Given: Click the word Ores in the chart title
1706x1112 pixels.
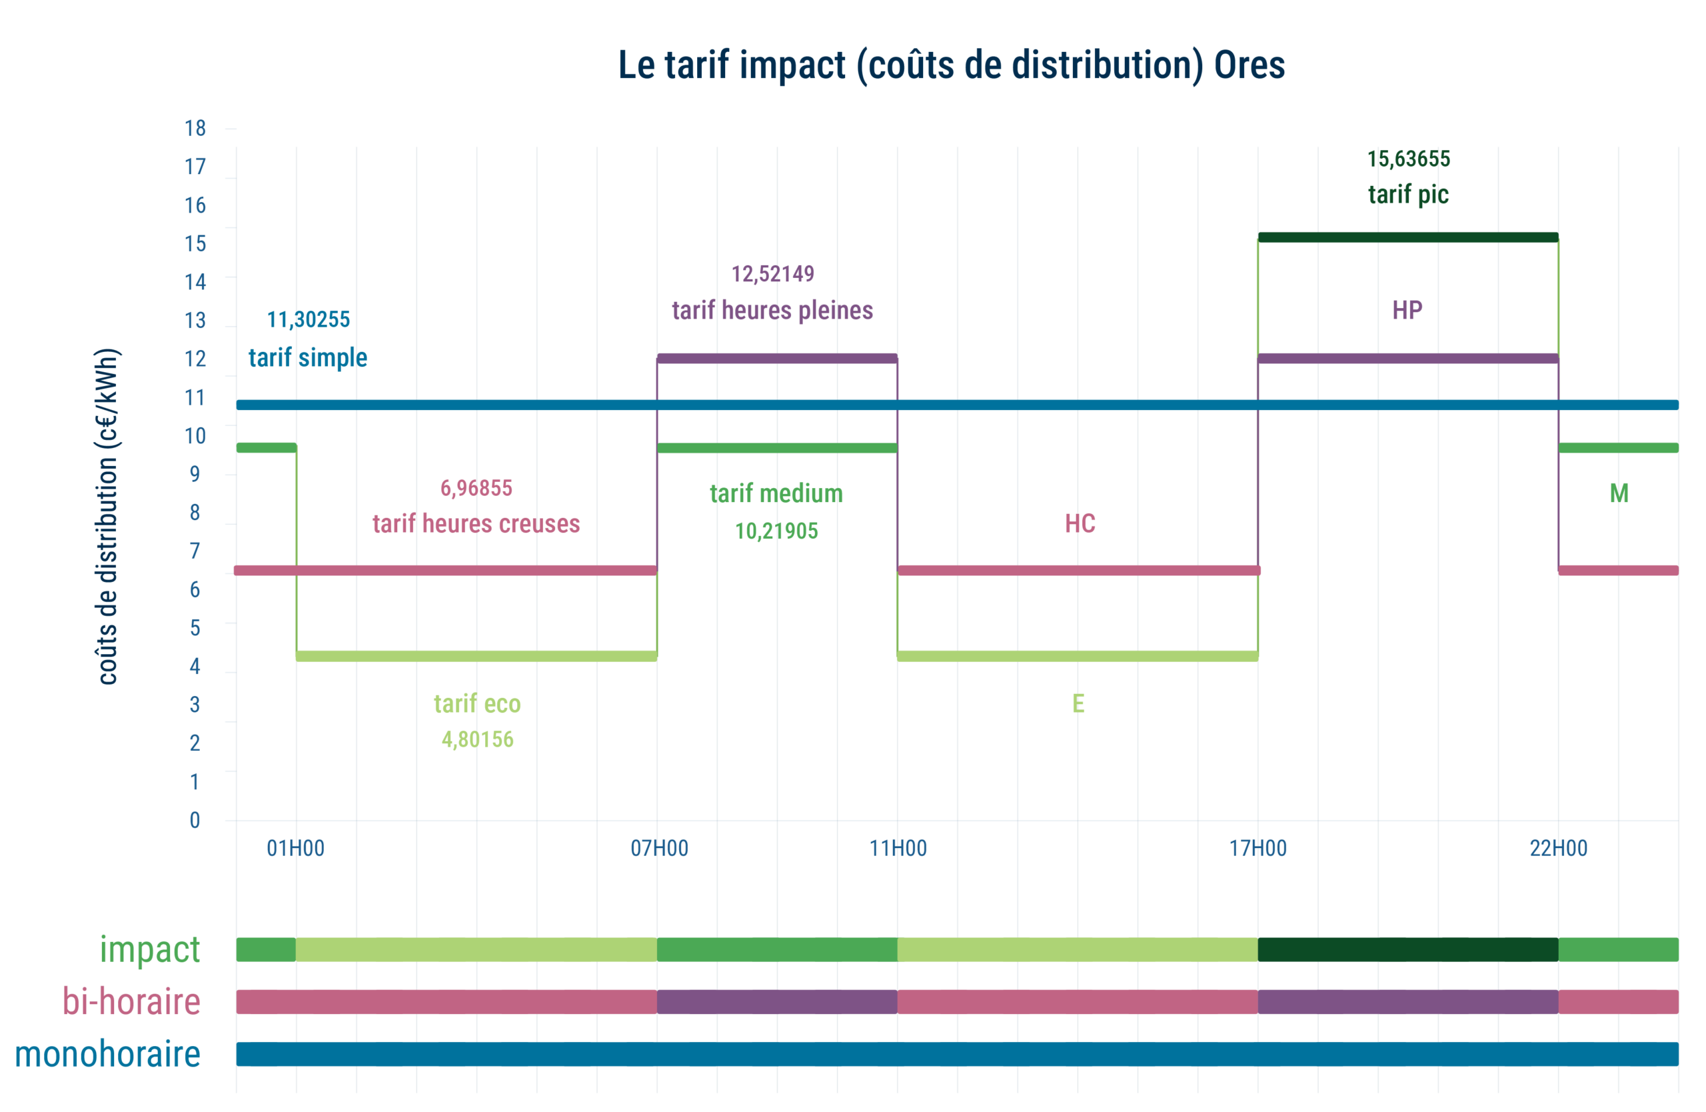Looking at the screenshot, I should point(1249,65).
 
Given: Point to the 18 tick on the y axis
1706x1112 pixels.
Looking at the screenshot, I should point(195,129).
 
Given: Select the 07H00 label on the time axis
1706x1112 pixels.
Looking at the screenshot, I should point(659,848).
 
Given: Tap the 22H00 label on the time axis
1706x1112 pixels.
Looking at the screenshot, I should point(1558,848).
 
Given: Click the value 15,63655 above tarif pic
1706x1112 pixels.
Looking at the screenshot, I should point(1408,159).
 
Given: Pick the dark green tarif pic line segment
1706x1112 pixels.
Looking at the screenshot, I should point(1408,237).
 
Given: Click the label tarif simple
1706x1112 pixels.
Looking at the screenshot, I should point(307,357).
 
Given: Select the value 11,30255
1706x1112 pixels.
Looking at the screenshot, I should point(309,320).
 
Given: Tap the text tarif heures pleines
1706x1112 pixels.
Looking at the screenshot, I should point(772,311).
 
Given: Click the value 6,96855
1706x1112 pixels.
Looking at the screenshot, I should point(476,488).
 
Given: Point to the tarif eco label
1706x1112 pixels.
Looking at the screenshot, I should point(476,703).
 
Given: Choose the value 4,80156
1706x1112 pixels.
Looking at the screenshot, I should point(477,739).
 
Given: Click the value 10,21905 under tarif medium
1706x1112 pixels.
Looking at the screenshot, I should point(776,531).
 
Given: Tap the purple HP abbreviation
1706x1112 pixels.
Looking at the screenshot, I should point(1407,311).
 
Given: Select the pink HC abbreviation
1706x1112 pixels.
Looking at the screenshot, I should point(1080,524).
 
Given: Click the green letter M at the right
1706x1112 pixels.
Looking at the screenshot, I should point(1619,493).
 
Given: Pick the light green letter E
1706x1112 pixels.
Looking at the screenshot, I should point(1078,703).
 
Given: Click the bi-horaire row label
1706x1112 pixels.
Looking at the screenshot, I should point(131,1001).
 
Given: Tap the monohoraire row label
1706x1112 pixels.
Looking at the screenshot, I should point(107,1054).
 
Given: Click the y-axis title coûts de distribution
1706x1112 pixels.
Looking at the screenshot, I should point(107,516).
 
